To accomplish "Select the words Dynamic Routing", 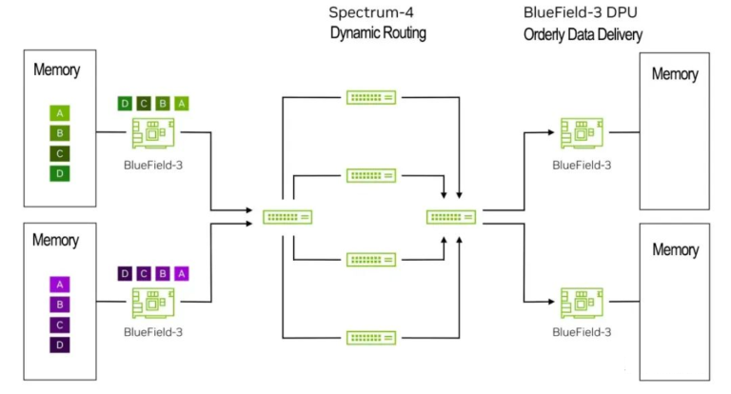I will click(378, 33).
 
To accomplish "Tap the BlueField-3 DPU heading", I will click(576, 13).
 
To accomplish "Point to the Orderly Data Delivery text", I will click(583, 34).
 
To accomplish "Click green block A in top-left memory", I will click(60, 113).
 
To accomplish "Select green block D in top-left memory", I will click(60, 173).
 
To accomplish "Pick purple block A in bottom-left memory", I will click(60, 284).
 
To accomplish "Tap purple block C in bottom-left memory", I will click(60, 324).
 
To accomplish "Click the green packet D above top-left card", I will click(125, 103).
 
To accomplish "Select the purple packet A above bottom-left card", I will click(182, 273).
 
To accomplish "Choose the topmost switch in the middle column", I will click(371, 97).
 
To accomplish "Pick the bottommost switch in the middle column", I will click(371, 337).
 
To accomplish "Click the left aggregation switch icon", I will click(287, 217).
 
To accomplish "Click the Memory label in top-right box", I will click(674, 74).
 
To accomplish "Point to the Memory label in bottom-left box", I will click(56, 240).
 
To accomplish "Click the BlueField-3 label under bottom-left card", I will click(152, 332).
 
